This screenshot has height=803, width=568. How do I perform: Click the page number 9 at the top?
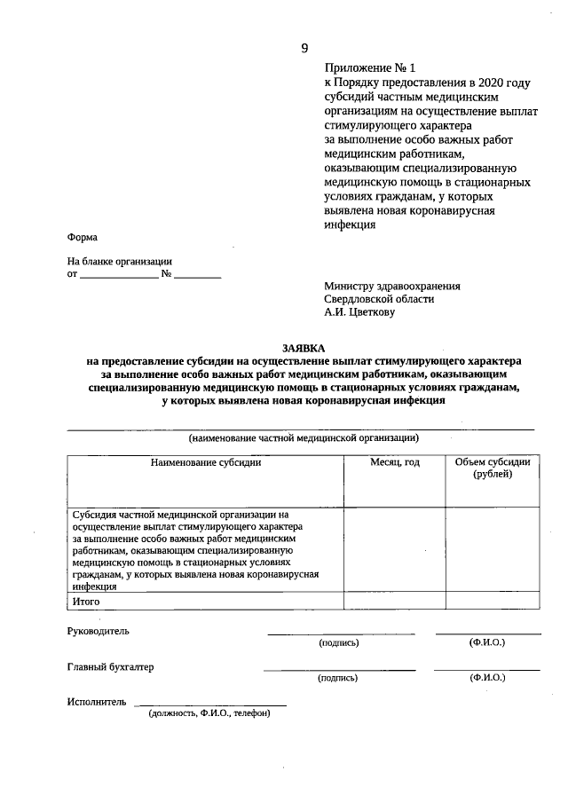click(304, 48)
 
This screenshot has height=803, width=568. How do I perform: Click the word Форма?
click(83, 238)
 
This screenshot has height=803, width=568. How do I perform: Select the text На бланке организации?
click(120, 262)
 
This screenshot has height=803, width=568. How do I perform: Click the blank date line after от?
click(119, 275)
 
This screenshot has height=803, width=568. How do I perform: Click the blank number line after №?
click(197, 275)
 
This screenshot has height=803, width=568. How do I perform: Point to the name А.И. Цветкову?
click(359, 312)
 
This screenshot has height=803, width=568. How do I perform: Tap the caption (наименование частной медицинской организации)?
click(303, 437)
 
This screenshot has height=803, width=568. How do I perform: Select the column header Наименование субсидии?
click(206, 462)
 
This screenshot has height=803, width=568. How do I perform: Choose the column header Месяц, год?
click(394, 462)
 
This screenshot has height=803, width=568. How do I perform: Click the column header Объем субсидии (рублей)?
click(492, 468)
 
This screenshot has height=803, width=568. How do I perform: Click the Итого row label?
click(87, 601)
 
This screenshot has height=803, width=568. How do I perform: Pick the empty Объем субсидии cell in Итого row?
click(492, 601)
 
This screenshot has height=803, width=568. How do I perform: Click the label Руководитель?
click(99, 631)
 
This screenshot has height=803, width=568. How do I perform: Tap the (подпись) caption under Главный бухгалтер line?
click(338, 678)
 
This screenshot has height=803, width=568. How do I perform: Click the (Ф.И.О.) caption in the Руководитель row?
click(487, 642)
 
